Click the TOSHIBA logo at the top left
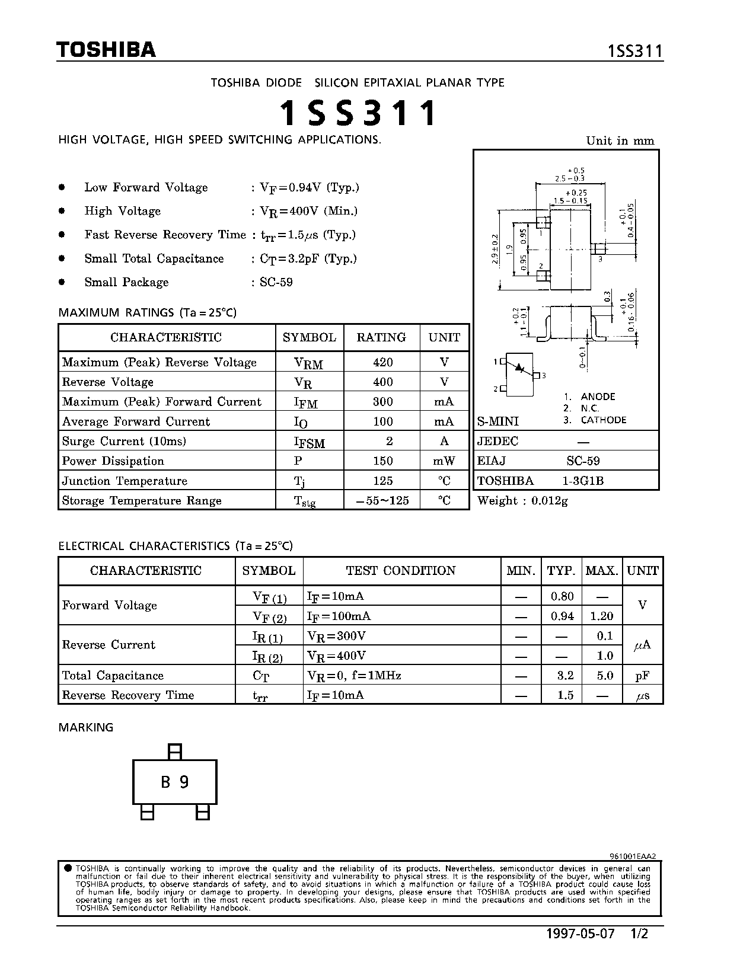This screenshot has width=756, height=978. click(106, 50)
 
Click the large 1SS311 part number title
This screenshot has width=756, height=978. click(358, 113)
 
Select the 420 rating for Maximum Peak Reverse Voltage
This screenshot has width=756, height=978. click(382, 362)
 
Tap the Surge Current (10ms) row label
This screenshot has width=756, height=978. click(124, 441)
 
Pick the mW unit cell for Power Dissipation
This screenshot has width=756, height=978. click(444, 461)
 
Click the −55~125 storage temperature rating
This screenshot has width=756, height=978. click(382, 500)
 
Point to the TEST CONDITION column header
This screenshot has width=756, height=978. click(401, 570)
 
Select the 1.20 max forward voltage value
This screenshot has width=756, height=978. click(601, 616)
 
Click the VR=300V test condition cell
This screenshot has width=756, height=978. click(336, 635)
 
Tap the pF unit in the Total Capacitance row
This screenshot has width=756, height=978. click(642, 675)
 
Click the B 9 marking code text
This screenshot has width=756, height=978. click(175, 782)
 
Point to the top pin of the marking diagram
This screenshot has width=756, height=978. click(174, 752)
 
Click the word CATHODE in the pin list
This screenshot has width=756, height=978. click(603, 420)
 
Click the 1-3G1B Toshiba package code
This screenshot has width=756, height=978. click(583, 481)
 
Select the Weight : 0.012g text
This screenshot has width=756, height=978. click(522, 500)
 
